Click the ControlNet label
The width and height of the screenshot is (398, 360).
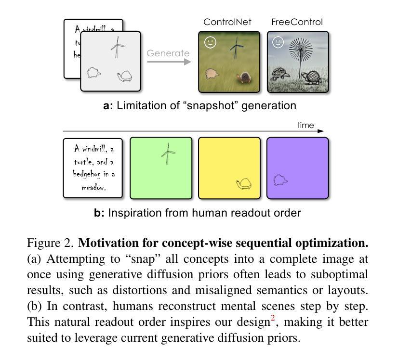coord(227,22)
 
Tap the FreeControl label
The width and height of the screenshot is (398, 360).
coord(297,22)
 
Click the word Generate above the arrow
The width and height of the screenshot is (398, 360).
coord(168,53)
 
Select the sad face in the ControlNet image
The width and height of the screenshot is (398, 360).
coord(210,42)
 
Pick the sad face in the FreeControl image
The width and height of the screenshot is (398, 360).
coord(278,42)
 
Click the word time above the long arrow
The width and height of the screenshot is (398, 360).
coord(305,126)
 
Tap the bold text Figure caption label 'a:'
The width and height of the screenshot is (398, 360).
coord(108,105)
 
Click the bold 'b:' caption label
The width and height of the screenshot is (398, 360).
coord(99,213)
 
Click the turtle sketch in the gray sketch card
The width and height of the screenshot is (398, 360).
coord(125,76)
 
